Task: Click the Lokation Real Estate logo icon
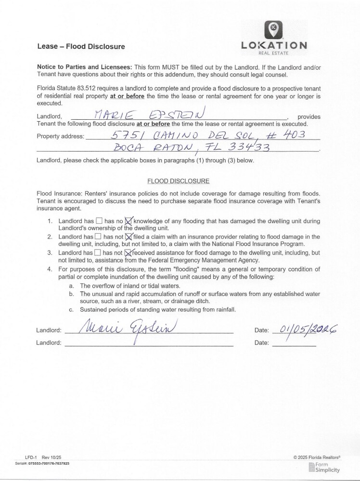pyautogui.click(x=274, y=30)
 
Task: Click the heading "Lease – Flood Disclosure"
pyautogui.click(x=81, y=47)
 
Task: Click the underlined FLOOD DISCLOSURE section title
pyautogui.click(x=178, y=181)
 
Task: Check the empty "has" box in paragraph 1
pyautogui.click(x=99, y=221)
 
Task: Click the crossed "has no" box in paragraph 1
pyautogui.click(x=129, y=221)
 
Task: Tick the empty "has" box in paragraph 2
pyautogui.click(x=98, y=237)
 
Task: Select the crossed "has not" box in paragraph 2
pyautogui.click(x=129, y=237)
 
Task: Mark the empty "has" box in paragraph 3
pyautogui.click(x=98, y=252)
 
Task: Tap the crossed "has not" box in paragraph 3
pyautogui.click(x=128, y=252)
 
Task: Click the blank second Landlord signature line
pyautogui.click(x=149, y=343)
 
